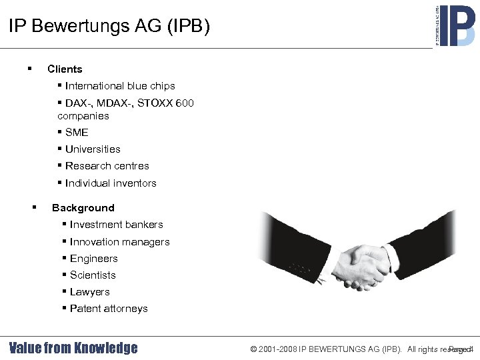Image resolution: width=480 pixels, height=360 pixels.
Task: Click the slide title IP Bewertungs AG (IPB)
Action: pyautogui.click(x=109, y=27)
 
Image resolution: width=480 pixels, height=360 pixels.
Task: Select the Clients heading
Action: pyautogui.click(x=65, y=69)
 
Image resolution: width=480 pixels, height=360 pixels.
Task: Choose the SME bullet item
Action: pyautogui.click(x=77, y=133)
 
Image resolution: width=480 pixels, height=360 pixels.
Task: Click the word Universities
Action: pyautogui.click(x=93, y=149)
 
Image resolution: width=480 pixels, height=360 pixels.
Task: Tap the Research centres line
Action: pyautogui.click(x=107, y=166)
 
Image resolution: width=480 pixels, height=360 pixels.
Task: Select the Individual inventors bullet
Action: pyautogui.click(x=111, y=183)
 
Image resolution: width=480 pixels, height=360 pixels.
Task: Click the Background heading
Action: pyautogui.click(x=83, y=208)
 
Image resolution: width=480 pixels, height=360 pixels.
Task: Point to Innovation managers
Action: pyautogui.click(x=119, y=242)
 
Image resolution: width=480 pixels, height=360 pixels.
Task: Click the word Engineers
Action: pyautogui.click(x=93, y=259)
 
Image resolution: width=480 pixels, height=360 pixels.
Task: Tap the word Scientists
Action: pyautogui.click(x=93, y=275)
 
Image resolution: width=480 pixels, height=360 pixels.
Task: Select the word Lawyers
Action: pyautogui.click(x=89, y=292)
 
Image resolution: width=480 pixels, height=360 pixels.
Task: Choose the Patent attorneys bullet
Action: pyautogui.click(x=109, y=309)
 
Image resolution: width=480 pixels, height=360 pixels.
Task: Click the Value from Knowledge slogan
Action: pyautogui.click(x=73, y=348)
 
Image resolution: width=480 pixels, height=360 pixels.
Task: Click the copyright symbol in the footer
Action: pyautogui.click(x=254, y=349)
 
